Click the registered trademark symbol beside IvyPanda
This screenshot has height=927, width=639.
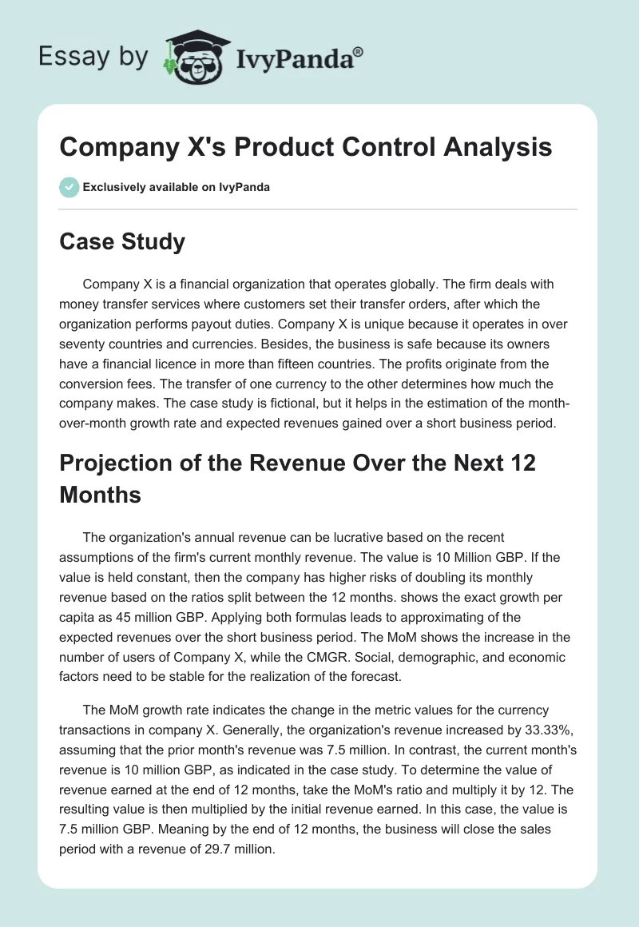(x=359, y=52)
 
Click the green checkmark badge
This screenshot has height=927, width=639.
(x=69, y=188)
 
